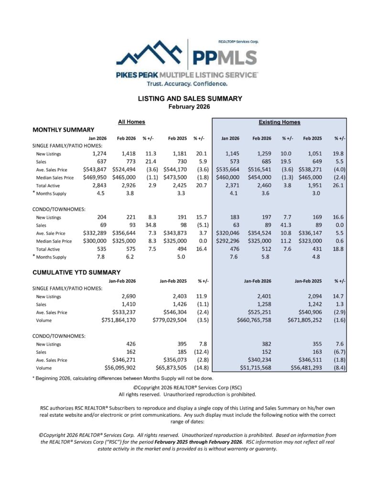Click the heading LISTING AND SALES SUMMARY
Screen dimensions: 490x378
(x=190, y=99)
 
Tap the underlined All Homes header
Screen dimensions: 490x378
(x=131, y=122)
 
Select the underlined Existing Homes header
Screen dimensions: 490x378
(x=279, y=122)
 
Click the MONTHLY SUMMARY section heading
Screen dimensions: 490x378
(x=63, y=130)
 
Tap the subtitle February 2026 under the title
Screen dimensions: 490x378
(x=190, y=107)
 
